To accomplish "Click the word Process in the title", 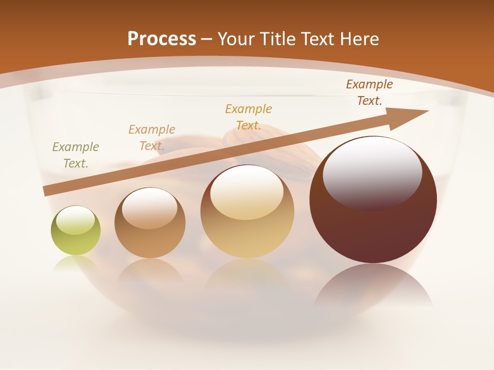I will tap(162, 39).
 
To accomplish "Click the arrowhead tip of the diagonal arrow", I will tap(427, 111).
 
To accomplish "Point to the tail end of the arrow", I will tap(45, 192).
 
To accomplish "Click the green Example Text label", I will tap(75, 155).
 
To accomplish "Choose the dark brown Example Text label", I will tap(369, 92).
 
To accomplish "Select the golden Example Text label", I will tap(248, 117).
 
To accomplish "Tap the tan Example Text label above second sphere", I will tap(151, 138).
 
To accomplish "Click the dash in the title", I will tap(207, 39).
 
